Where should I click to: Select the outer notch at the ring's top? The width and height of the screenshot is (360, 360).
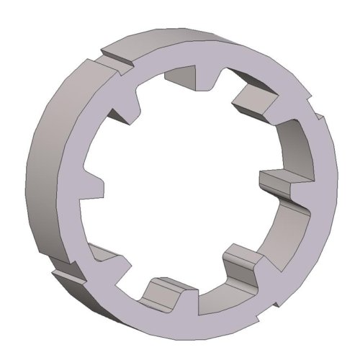point(115,54)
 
